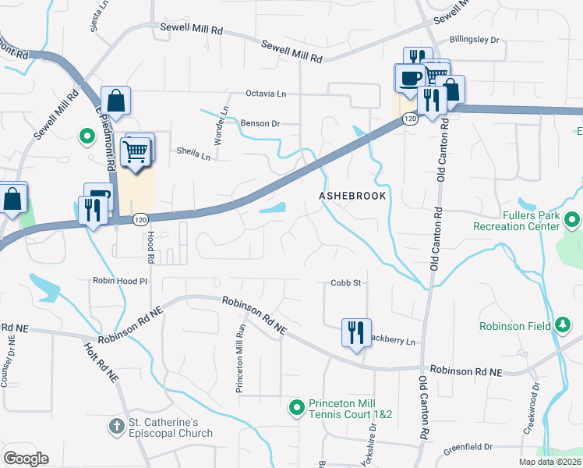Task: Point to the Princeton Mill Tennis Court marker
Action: [x=296, y=407]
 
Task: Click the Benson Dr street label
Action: [x=260, y=123]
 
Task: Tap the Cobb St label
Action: [x=346, y=283]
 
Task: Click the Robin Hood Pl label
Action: [x=120, y=281]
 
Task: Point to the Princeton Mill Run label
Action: [x=241, y=358]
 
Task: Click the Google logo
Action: [x=26, y=459]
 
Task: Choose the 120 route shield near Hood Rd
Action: [x=140, y=220]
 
